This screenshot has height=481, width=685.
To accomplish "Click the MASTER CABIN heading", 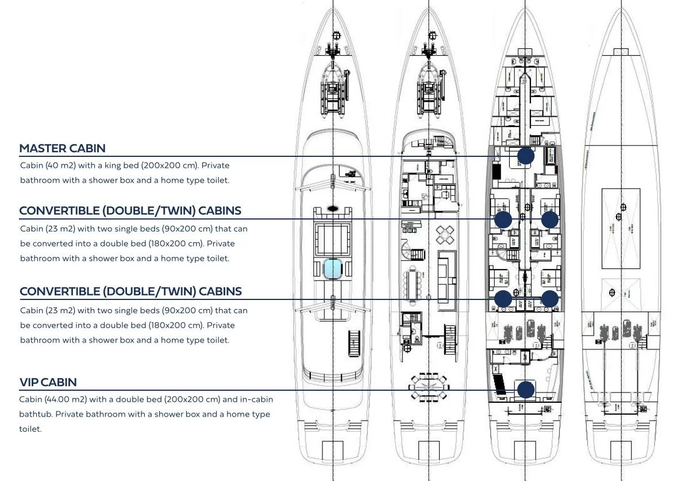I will click(62, 148).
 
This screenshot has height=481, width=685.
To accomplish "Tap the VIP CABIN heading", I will click(48, 382).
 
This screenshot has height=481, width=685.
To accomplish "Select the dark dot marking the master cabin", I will click(525, 156).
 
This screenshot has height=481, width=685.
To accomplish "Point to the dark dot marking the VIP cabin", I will click(525, 390).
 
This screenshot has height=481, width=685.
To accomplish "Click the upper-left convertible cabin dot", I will click(503, 219).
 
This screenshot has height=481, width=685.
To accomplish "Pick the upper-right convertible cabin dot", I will click(550, 219).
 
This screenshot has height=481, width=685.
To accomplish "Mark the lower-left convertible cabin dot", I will click(503, 298).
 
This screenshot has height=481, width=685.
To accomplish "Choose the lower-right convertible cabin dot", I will click(550, 298).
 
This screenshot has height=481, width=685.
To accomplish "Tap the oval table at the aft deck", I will click(428, 383).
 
